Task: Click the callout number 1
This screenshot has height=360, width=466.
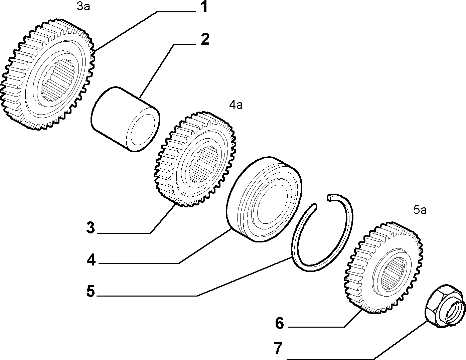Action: pos(205,7)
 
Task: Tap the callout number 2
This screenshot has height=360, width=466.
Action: pos(205,39)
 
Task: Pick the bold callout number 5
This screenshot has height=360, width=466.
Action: pos(91,291)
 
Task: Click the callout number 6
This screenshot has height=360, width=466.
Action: pos(279,323)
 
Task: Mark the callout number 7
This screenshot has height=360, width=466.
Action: pos(278,349)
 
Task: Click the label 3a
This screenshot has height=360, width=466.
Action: pos(84,7)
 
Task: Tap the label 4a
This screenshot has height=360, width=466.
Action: pos(236,105)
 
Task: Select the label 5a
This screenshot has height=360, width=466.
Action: pos(420,210)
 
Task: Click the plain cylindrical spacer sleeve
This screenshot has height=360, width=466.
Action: pos(125,119)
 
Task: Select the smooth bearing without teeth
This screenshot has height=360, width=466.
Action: pos(264,199)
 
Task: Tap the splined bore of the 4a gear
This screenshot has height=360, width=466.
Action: pos(204,164)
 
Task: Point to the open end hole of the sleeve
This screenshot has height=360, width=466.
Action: pos(143,130)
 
